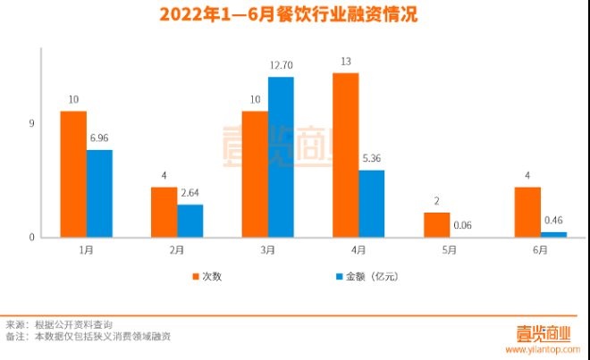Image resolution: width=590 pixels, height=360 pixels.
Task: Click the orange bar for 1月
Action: pos(73,174)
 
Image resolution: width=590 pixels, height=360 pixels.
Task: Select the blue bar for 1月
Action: pos(99,193)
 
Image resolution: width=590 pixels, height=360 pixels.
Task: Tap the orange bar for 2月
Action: pos(164,212)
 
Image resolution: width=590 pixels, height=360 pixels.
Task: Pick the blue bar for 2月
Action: pos(190,221)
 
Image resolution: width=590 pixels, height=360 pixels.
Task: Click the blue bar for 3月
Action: pos(281,156)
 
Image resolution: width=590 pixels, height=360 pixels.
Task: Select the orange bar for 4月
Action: pos(345,155)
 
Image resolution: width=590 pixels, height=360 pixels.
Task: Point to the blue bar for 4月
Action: pos(371,204)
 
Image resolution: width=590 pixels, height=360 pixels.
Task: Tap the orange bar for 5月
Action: pos(436,224)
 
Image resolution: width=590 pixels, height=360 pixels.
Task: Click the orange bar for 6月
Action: pos(527,212)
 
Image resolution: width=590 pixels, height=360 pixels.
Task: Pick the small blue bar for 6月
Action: pos(553,234)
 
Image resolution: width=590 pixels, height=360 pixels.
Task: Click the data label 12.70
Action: pos(282,65)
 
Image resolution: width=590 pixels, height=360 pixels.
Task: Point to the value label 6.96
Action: pos(99,138)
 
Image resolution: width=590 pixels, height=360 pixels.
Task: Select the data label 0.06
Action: pos(463,227)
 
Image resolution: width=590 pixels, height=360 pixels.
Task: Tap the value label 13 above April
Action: pos(345,61)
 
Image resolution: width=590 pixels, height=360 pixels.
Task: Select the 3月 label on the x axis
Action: pos(267,251)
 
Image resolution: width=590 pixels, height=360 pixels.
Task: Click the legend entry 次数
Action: pos(212,276)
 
